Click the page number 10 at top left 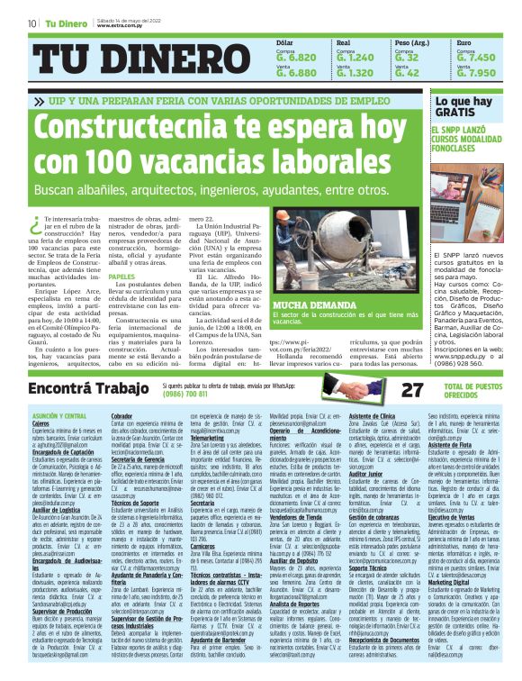(31, 23)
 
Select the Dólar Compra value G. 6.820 (296, 58)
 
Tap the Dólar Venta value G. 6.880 (296, 73)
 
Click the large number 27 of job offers (412, 390)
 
